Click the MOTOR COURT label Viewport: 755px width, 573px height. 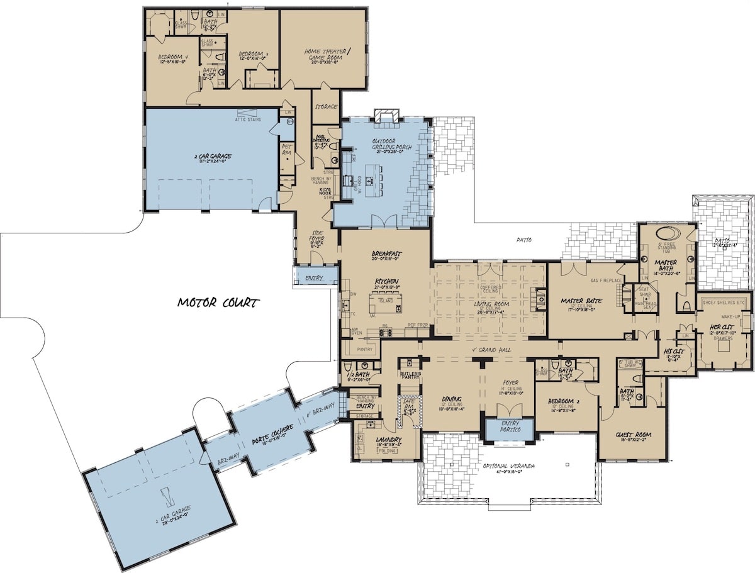click(218, 303)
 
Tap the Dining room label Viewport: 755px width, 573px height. click(451, 399)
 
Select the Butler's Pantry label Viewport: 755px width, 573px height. click(410, 375)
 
